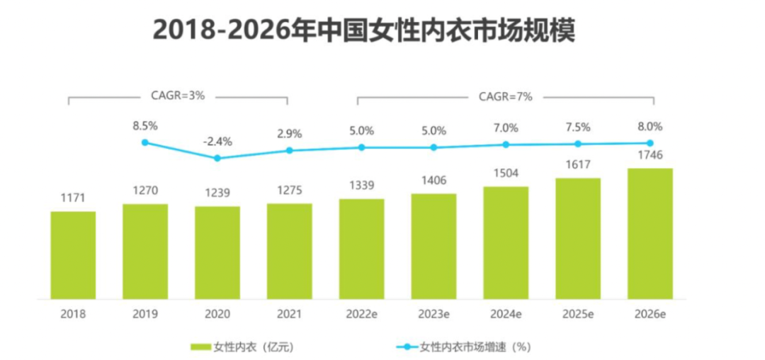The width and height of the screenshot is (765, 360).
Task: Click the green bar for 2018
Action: coord(73,255)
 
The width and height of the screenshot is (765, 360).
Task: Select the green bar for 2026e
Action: coord(650,234)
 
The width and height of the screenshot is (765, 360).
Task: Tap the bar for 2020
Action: coord(217,253)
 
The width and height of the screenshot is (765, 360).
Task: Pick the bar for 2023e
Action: coord(433,246)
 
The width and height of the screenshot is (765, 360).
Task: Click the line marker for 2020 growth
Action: coord(217,158)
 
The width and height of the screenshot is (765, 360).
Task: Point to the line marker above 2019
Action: coord(145,142)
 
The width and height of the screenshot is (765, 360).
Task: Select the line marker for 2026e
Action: coord(650,143)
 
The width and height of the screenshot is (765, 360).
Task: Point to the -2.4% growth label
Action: coord(217,140)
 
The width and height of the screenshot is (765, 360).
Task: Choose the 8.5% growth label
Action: coord(145,126)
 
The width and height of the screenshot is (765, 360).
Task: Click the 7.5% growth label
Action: coord(578,128)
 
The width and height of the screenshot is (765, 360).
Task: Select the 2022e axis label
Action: coord(361,314)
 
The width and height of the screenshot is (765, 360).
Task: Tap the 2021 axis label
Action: coord(290,314)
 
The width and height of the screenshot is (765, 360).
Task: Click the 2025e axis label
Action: coord(578,314)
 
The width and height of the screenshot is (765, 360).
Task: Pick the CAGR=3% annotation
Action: coord(177,95)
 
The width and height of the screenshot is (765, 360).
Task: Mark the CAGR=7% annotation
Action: coord(506,95)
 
